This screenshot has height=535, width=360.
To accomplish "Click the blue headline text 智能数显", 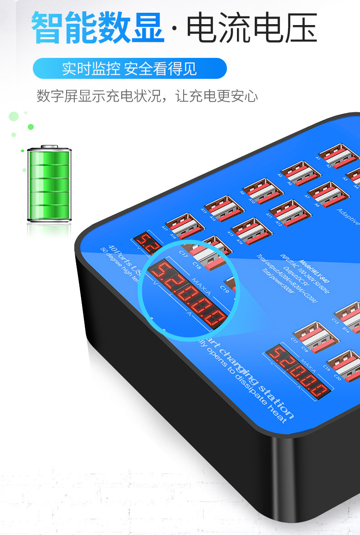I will tap(98, 28).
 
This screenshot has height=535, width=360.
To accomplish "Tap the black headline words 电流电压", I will tap(252, 28).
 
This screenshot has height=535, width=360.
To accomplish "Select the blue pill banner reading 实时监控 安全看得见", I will tap(129, 69).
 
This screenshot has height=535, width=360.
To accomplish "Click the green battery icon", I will tap(49, 185).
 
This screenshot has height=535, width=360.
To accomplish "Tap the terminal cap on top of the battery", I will tap(49, 147).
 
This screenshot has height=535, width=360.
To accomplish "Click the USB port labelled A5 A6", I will tap(300, 174).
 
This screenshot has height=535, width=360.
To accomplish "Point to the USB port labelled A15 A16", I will tap(251, 231).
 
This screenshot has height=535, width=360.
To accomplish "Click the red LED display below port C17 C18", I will tap(299, 370).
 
